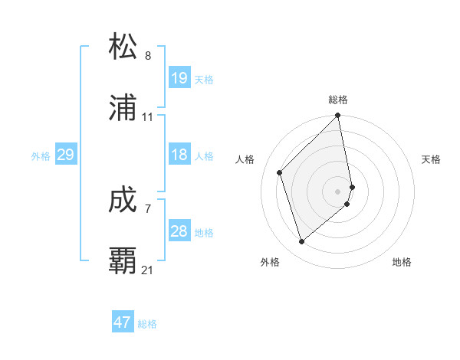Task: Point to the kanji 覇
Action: pos(123,260)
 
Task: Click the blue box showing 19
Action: pos(179,78)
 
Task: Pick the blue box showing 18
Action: pos(179,155)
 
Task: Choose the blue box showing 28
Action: pos(179,231)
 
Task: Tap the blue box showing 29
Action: pos(65,155)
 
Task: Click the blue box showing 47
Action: pos(122,322)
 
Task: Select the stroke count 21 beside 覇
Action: pos(148,270)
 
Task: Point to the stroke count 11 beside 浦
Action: pos(148,117)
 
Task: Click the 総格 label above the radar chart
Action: pos(338,100)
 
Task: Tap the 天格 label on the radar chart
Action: pos(432,159)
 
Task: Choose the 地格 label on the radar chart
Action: pos(402,262)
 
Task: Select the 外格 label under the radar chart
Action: pos(270,262)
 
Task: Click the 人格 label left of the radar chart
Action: pos(245,159)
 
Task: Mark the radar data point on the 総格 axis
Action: pos(338,117)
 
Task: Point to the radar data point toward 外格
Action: pos(301,242)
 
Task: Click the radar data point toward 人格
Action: pos(280,172)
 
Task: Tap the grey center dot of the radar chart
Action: pos(338,191)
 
